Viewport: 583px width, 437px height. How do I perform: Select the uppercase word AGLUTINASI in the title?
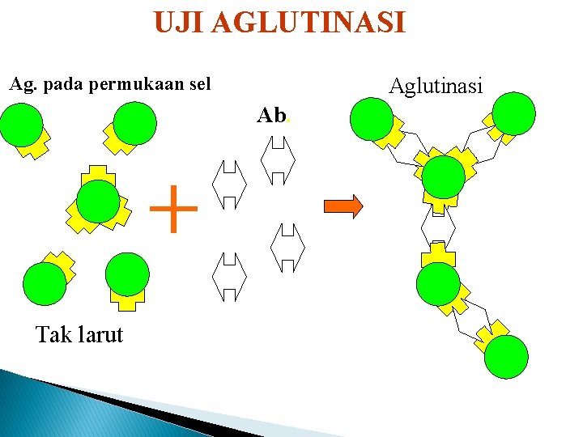[x=308, y=23]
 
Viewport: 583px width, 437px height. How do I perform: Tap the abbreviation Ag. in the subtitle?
[x=22, y=84]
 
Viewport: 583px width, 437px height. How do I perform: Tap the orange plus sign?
[x=174, y=209]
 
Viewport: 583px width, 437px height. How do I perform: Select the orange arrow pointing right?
[x=343, y=206]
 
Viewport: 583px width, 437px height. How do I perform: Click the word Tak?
[x=54, y=333]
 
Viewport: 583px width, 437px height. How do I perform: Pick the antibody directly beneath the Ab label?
[x=278, y=160]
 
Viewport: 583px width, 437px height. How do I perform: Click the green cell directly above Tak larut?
[x=45, y=282]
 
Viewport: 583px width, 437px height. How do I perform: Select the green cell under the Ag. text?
[x=22, y=124]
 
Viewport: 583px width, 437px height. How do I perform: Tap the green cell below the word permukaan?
[x=134, y=124]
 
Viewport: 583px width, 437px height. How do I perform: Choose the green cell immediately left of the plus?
[x=98, y=201]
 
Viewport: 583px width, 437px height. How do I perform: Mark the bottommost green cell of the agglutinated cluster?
[x=506, y=357]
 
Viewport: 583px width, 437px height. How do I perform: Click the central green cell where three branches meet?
[x=444, y=176]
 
